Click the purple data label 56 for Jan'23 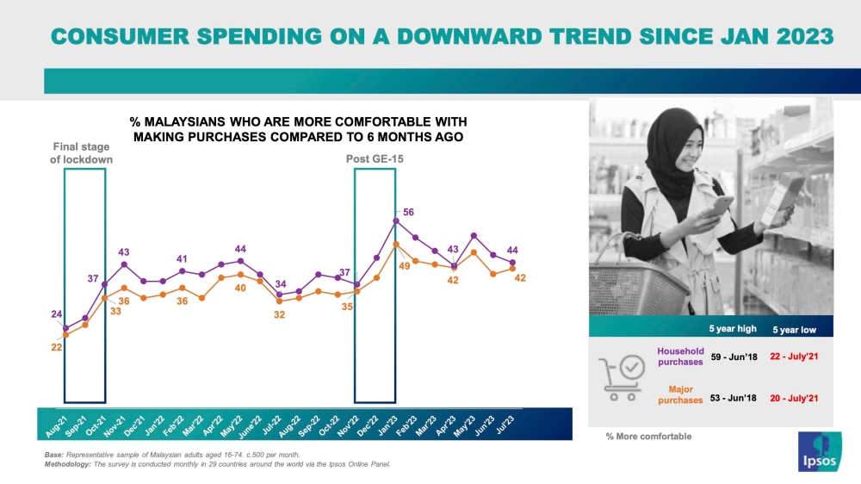pyautogui.click(x=408, y=212)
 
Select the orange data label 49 pyautogui.click(x=403, y=266)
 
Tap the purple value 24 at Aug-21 pyautogui.click(x=56, y=315)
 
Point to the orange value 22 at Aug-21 pyautogui.click(x=56, y=346)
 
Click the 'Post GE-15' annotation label pyautogui.click(x=375, y=159)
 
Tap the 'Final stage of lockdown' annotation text pyautogui.click(x=84, y=153)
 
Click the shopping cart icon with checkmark pyautogui.click(x=620, y=379)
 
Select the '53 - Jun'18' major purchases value pyautogui.click(x=733, y=398)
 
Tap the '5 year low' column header pyautogui.click(x=794, y=330)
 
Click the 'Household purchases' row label pyautogui.click(x=680, y=357)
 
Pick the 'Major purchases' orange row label pyautogui.click(x=680, y=395)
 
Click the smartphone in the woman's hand pyautogui.click(x=722, y=205)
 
